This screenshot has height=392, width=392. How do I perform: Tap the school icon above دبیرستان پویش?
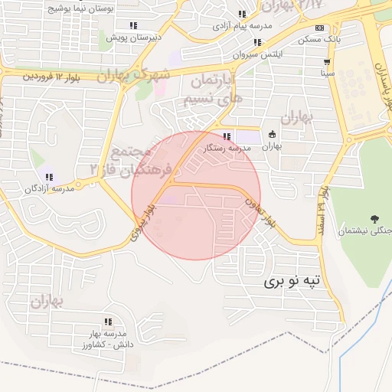pyautogui.click(x=134, y=24)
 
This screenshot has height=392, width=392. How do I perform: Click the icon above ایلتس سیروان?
pyautogui.click(x=257, y=43)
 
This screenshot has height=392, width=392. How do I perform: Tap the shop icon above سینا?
pyautogui.click(x=328, y=63)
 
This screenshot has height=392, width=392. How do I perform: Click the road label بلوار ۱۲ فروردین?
pyautogui.click(x=52, y=77)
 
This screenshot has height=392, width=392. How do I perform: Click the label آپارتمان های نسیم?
pyautogui.click(x=211, y=90)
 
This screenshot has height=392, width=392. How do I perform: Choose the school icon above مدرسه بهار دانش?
pyautogui.click(x=108, y=322)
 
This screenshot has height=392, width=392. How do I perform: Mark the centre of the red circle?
pyautogui.click(x=196, y=195)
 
